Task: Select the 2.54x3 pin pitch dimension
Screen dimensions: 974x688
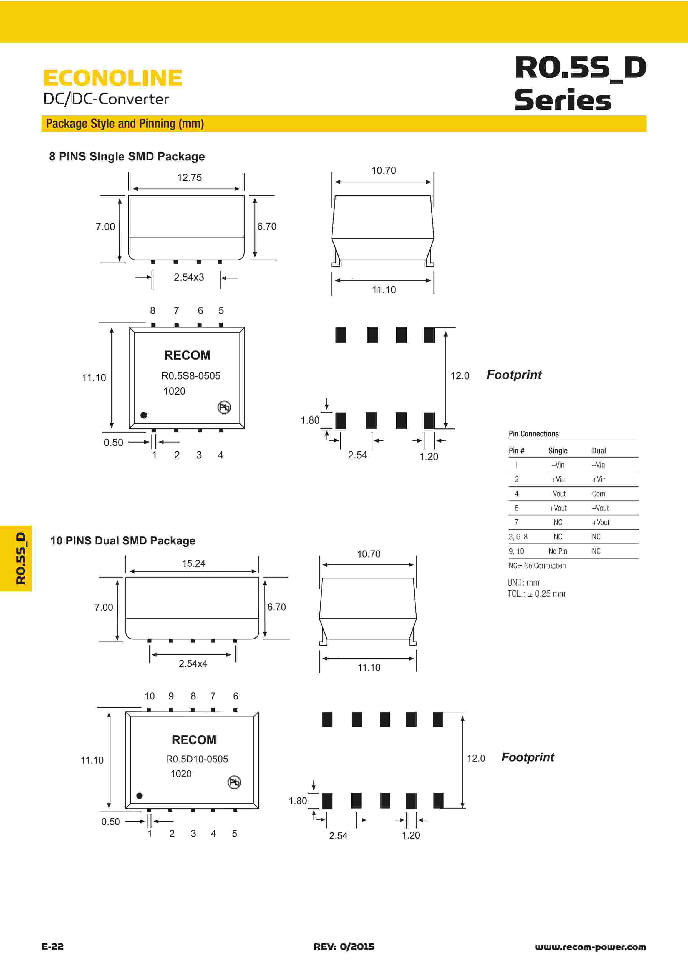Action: point(189,277)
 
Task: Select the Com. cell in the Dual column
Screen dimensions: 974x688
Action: point(599,493)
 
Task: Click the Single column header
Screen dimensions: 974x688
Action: point(558,451)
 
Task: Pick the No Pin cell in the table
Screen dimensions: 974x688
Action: point(558,551)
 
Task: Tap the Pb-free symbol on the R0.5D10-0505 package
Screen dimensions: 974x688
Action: point(234,782)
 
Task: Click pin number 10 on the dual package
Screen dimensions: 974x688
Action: point(149,696)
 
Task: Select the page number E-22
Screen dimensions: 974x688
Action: point(52,947)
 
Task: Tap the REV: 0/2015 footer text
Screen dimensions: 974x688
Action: point(344,947)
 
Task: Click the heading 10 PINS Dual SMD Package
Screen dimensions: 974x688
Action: point(122,541)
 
